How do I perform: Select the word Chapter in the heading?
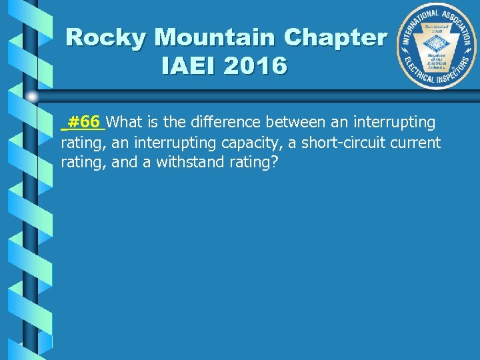click(339, 37)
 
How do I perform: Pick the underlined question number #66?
click(84, 122)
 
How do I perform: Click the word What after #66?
click(125, 122)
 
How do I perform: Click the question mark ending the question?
click(273, 162)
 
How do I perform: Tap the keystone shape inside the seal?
click(438, 45)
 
